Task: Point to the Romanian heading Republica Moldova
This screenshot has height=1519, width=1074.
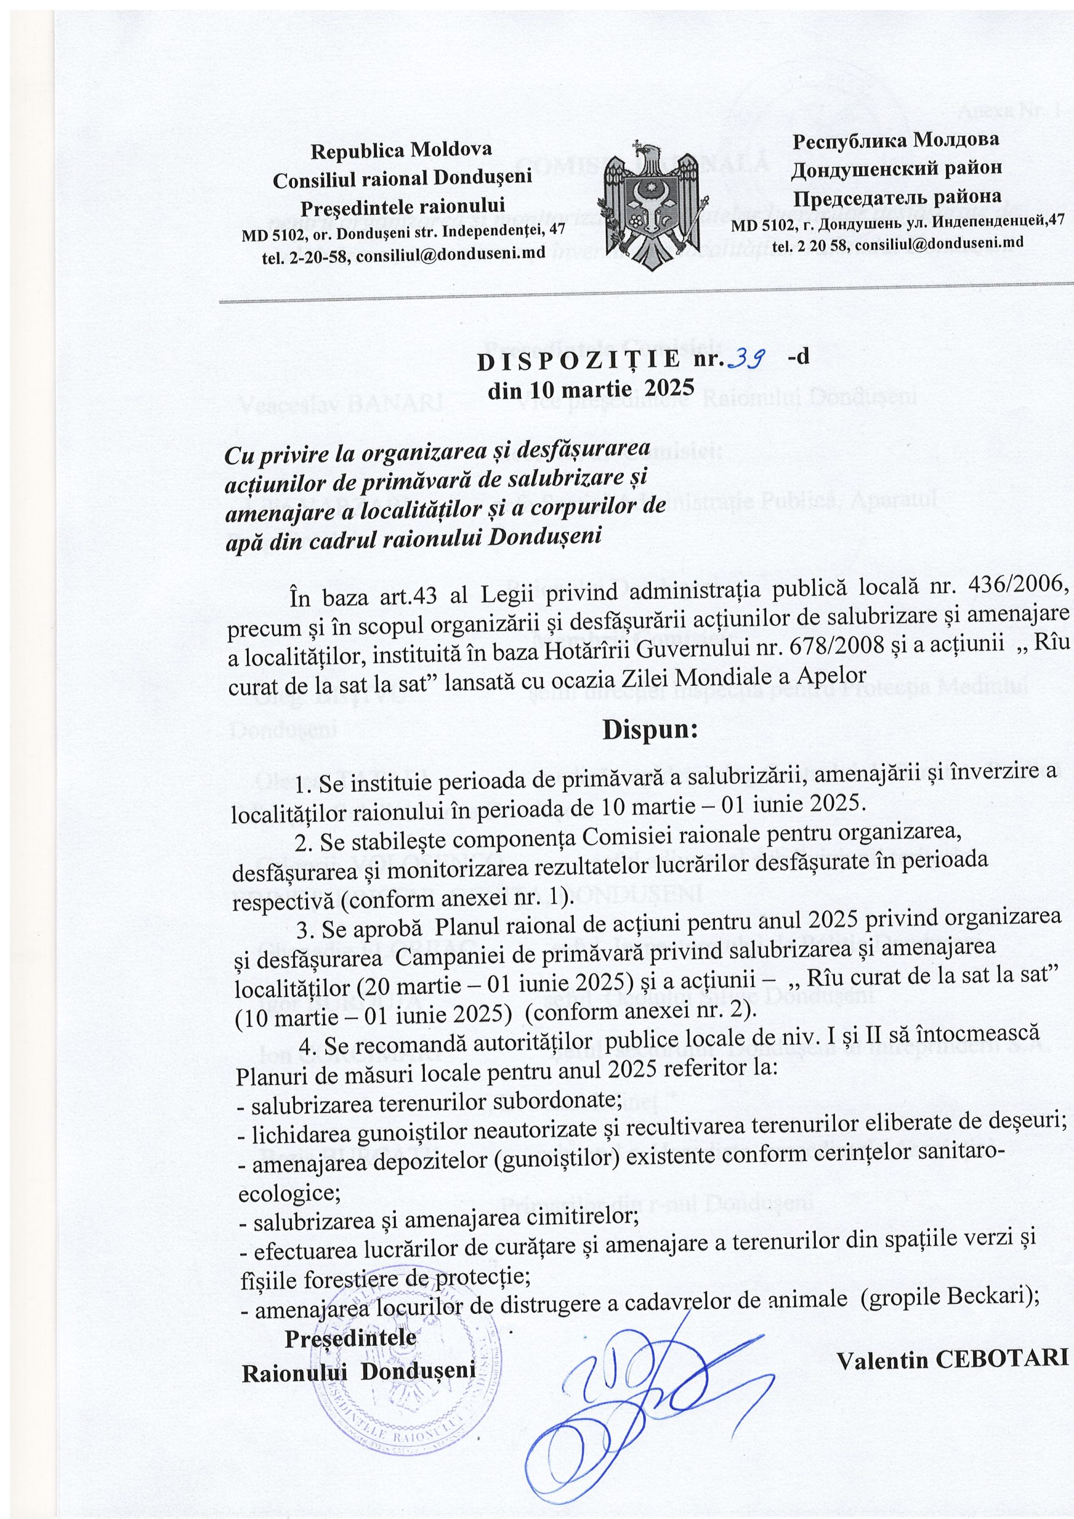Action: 401,150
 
